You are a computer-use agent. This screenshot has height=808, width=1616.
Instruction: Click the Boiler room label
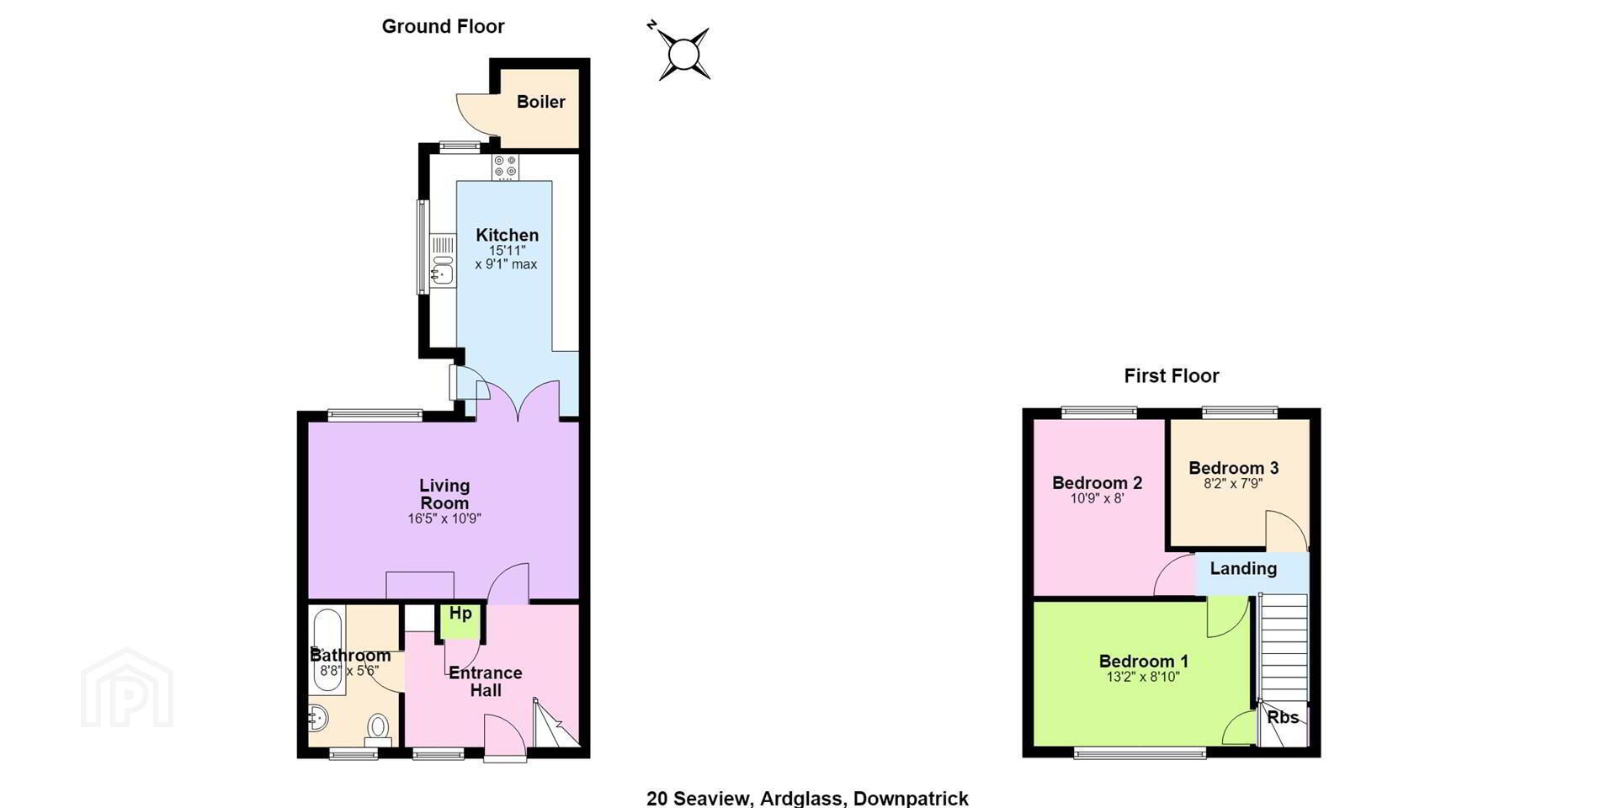point(540,102)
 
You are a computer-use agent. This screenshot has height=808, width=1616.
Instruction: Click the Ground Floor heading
point(443,26)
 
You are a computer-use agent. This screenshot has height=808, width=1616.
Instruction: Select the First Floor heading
point(1172,375)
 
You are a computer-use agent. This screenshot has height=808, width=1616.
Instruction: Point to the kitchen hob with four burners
point(505,167)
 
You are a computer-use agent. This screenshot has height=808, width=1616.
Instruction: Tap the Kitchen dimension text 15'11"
point(507,251)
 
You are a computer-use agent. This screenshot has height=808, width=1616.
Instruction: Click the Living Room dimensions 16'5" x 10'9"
point(444,518)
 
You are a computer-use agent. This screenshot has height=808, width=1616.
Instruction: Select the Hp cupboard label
point(460,613)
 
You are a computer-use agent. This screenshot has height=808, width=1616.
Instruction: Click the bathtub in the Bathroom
point(327,650)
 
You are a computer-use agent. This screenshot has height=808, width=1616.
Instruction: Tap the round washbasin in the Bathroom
point(318,719)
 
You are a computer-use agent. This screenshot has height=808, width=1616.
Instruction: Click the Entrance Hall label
point(486,682)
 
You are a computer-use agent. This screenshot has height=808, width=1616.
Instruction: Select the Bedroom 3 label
point(1233,468)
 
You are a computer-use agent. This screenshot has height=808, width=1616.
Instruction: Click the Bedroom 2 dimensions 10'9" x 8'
point(1097,498)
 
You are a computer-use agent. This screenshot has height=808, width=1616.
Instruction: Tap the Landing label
point(1243,568)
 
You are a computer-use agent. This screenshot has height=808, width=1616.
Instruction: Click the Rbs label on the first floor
point(1283,717)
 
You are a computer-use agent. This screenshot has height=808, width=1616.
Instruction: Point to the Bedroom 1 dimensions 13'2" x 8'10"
point(1143,677)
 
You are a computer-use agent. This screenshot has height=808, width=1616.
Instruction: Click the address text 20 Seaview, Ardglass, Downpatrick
point(807,798)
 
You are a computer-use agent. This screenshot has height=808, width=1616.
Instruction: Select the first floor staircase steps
point(1284,648)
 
